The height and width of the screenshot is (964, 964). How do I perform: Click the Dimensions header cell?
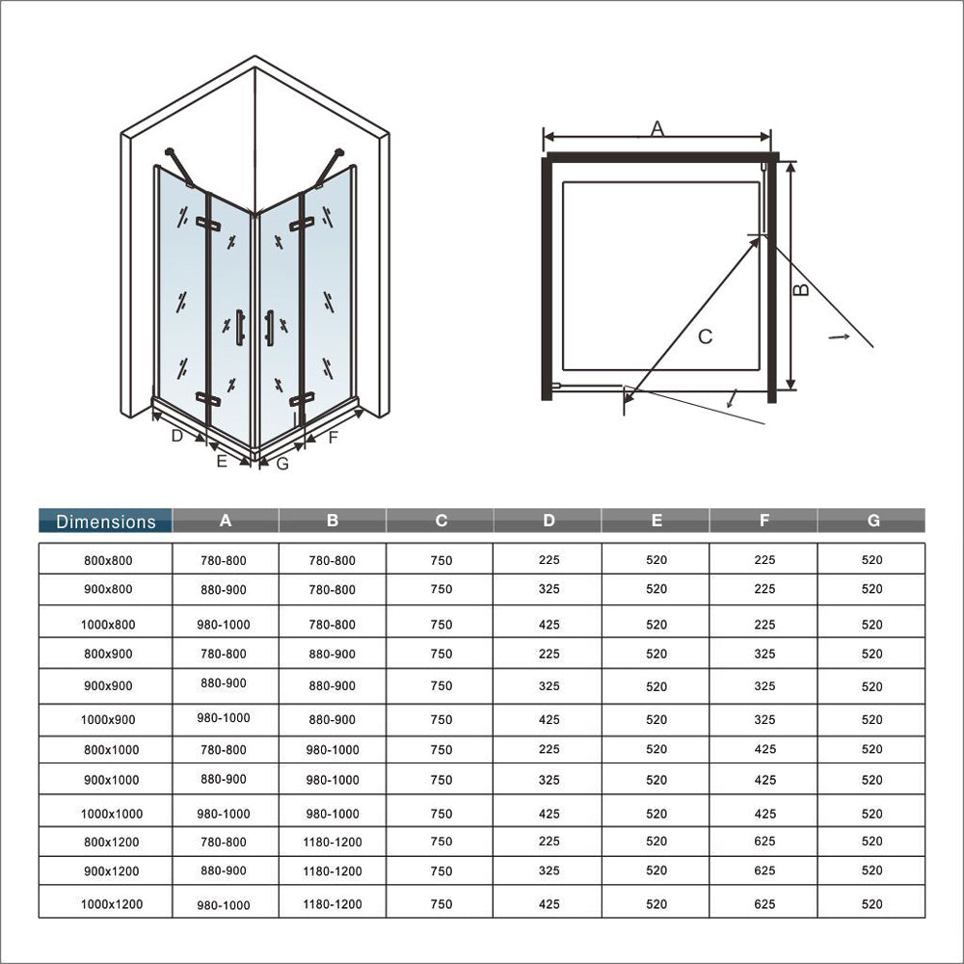point(106,522)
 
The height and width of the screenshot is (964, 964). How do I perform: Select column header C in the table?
point(441,521)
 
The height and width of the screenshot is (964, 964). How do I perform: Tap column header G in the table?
point(872,521)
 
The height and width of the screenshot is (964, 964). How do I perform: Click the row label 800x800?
point(107,559)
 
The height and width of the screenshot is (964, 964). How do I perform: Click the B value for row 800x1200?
point(333,842)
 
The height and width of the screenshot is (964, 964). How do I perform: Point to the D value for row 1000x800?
point(549,625)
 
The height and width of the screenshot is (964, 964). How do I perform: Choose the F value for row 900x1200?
point(764,870)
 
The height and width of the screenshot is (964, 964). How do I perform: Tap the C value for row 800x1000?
point(441,750)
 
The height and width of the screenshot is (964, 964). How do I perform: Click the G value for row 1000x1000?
point(872,814)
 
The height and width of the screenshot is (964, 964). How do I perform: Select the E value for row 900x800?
point(656,589)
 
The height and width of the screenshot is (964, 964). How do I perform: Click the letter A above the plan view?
point(657,127)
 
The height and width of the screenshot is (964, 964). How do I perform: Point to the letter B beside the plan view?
point(801,288)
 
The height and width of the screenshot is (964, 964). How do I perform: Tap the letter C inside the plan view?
point(705,336)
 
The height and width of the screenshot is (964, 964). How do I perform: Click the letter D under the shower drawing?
point(176,436)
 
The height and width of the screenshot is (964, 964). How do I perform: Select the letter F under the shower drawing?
point(334,438)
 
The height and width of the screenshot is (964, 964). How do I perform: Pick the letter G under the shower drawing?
point(282,464)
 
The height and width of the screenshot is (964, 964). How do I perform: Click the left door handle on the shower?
point(240,327)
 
